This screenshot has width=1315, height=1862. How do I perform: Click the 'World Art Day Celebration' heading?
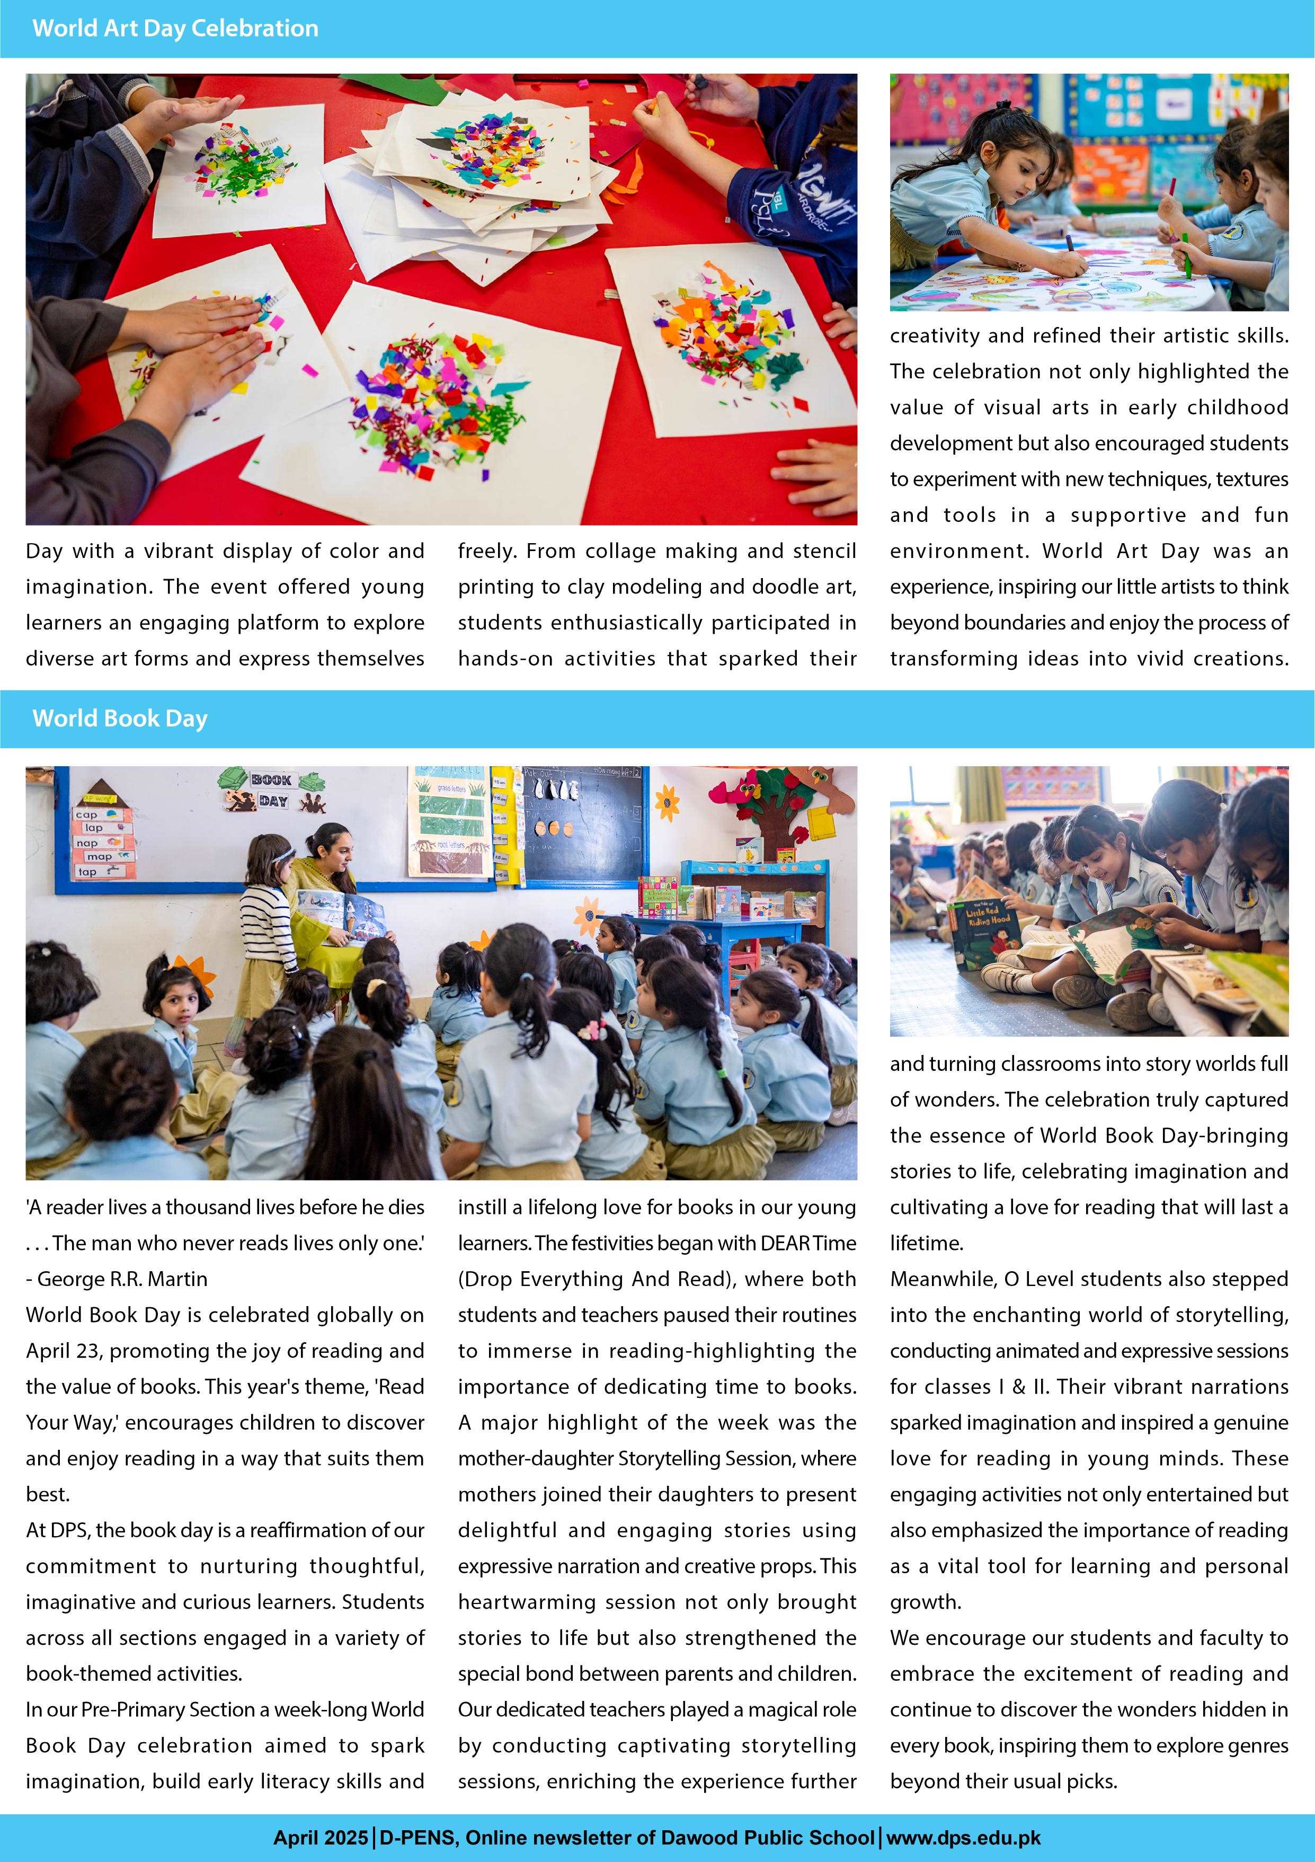point(175,29)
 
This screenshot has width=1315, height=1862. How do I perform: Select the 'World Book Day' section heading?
point(120,719)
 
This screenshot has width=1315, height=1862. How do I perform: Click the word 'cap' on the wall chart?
point(87,814)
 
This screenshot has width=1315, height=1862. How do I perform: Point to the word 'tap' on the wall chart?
point(87,872)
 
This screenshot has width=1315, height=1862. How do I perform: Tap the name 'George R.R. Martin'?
point(122,1279)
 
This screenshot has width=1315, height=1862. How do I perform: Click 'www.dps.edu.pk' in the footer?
point(963,1838)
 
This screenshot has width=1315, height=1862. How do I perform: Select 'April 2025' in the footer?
point(320,1838)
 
